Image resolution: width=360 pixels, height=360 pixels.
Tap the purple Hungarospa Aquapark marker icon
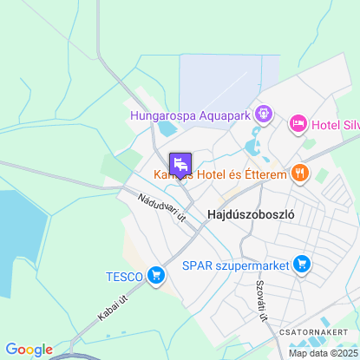pos(265,113)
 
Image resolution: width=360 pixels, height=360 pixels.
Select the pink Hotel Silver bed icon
pos(298,124)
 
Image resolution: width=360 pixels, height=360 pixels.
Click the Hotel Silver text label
pos(335,124)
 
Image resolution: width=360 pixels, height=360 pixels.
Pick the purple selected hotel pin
pos(180,163)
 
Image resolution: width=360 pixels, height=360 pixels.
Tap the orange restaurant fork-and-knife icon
pos(300,172)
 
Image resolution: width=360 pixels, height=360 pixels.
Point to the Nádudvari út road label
pos(162,210)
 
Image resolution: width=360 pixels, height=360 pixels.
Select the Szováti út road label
pos(260,303)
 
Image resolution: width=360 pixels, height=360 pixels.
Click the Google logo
pos(29,350)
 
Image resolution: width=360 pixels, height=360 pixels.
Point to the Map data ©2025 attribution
pos(323,353)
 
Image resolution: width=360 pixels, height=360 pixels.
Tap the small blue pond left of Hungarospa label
pos(164,130)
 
